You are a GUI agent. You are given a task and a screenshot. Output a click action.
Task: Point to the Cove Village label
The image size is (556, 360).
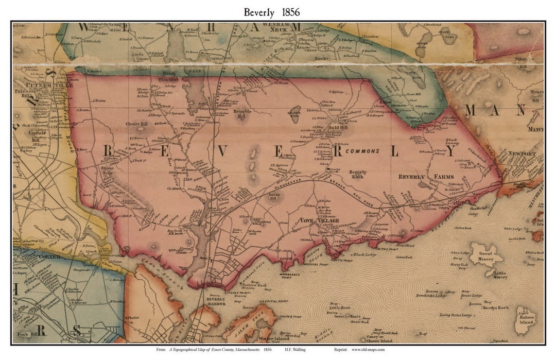point(320,220)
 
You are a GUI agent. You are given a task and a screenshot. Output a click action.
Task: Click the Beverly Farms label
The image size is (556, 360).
point(425,177)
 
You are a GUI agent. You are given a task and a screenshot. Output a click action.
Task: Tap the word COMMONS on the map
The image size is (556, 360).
point(362,151)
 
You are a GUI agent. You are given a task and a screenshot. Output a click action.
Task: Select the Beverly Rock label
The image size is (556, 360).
point(358,175)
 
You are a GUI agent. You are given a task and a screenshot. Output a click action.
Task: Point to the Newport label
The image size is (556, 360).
point(522,153)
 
